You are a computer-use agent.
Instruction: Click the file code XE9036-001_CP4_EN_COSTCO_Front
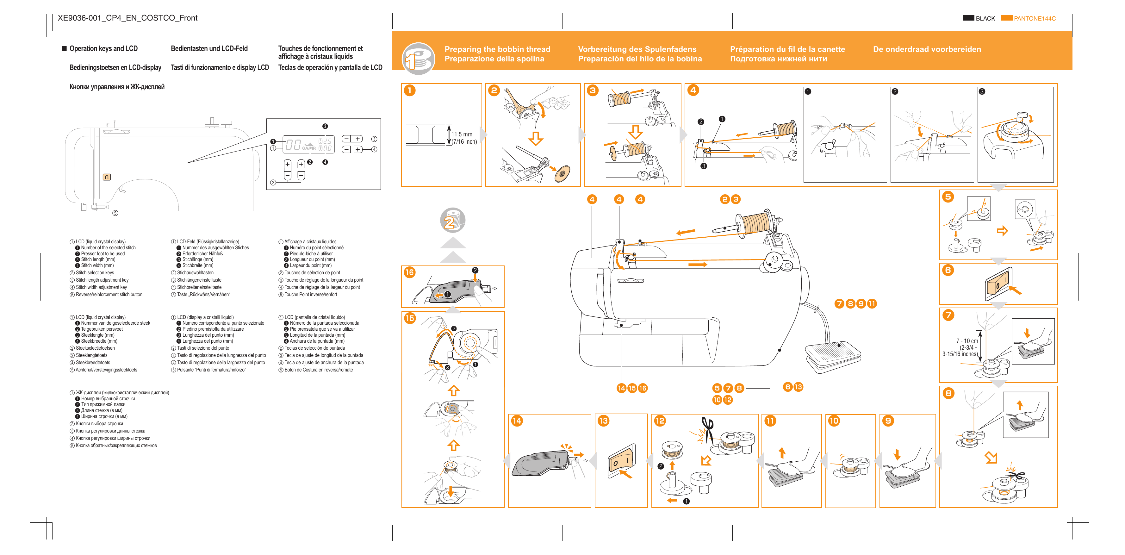click(127, 18)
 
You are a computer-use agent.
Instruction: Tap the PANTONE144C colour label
click(1034, 18)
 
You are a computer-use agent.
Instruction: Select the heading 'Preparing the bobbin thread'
click(497, 49)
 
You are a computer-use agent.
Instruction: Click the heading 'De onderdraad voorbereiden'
click(927, 49)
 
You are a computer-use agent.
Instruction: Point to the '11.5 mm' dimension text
click(462, 134)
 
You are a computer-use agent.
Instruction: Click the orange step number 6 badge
click(948, 270)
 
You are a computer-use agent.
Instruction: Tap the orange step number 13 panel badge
click(603, 421)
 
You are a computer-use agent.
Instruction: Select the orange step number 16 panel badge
click(409, 272)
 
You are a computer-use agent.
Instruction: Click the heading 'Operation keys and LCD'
click(103, 48)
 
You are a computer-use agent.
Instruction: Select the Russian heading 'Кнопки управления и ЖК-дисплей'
click(117, 87)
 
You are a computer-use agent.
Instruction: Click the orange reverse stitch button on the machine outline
click(107, 177)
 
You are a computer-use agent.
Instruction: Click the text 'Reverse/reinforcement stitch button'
click(109, 295)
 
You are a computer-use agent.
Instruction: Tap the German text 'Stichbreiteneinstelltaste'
click(199, 287)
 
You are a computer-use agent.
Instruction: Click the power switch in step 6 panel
click(998, 284)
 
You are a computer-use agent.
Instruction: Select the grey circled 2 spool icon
click(452, 220)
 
